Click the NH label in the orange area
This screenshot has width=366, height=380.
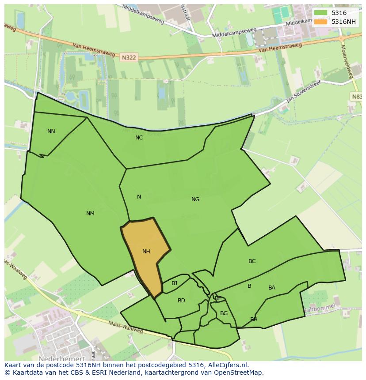(x=146, y=252)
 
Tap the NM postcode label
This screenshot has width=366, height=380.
(x=90, y=214)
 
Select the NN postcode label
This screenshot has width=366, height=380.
(x=51, y=132)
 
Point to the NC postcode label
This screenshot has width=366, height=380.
(x=139, y=138)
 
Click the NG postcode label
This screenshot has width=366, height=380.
(x=195, y=199)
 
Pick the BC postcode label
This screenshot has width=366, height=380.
(x=252, y=261)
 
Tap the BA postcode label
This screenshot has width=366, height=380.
(x=272, y=288)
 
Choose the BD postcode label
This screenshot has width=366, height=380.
(x=181, y=301)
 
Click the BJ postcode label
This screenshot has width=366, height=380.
(x=174, y=283)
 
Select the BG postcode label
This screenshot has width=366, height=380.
(x=224, y=313)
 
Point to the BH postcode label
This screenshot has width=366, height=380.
(x=254, y=320)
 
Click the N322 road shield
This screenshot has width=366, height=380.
(x=129, y=57)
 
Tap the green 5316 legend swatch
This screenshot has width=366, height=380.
(x=321, y=13)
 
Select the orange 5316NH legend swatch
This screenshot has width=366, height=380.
(x=321, y=22)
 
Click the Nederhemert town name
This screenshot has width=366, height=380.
(x=61, y=359)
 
